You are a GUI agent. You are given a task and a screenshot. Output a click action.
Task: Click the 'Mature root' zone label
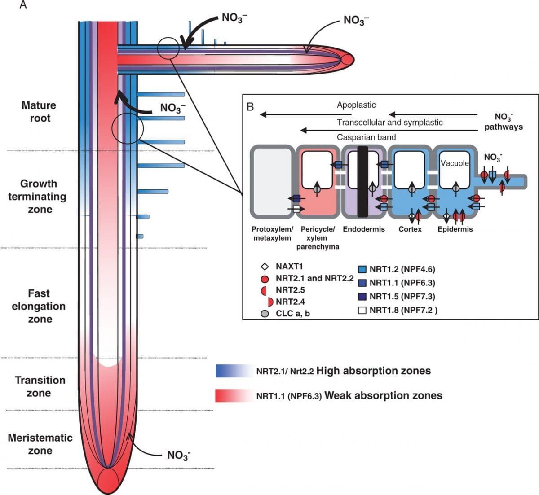click(x=40, y=112)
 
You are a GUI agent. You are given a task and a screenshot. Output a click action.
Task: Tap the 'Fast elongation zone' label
click(x=39, y=306)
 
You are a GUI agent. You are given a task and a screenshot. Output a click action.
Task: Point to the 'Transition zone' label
click(x=40, y=386)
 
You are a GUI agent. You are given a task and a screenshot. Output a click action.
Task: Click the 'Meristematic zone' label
click(x=40, y=444)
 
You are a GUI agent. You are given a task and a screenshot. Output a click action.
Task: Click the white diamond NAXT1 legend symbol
click(x=265, y=267)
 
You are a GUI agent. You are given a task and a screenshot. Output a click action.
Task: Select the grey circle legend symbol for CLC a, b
click(x=265, y=314)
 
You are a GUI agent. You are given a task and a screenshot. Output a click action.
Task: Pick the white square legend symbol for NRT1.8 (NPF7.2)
click(x=362, y=310)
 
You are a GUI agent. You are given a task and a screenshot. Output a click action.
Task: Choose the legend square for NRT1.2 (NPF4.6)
click(x=362, y=269)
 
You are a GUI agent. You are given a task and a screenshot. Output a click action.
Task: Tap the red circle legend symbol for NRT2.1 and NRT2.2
click(x=265, y=279)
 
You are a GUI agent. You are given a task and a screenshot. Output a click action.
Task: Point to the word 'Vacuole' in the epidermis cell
click(x=455, y=163)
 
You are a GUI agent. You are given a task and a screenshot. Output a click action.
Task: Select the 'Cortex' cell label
click(x=410, y=229)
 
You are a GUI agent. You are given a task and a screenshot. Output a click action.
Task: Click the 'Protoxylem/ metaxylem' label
click(x=272, y=233)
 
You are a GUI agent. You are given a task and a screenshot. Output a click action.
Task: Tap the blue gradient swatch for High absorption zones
click(x=233, y=371)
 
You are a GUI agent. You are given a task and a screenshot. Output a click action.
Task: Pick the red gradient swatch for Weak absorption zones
click(x=233, y=395)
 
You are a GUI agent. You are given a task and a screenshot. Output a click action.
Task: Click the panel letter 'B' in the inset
click(x=250, y=107)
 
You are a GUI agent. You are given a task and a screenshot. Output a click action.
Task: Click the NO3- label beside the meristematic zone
click(x=179, y=455)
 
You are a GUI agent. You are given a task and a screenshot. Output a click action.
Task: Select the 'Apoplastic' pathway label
click(x=356, y=105)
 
